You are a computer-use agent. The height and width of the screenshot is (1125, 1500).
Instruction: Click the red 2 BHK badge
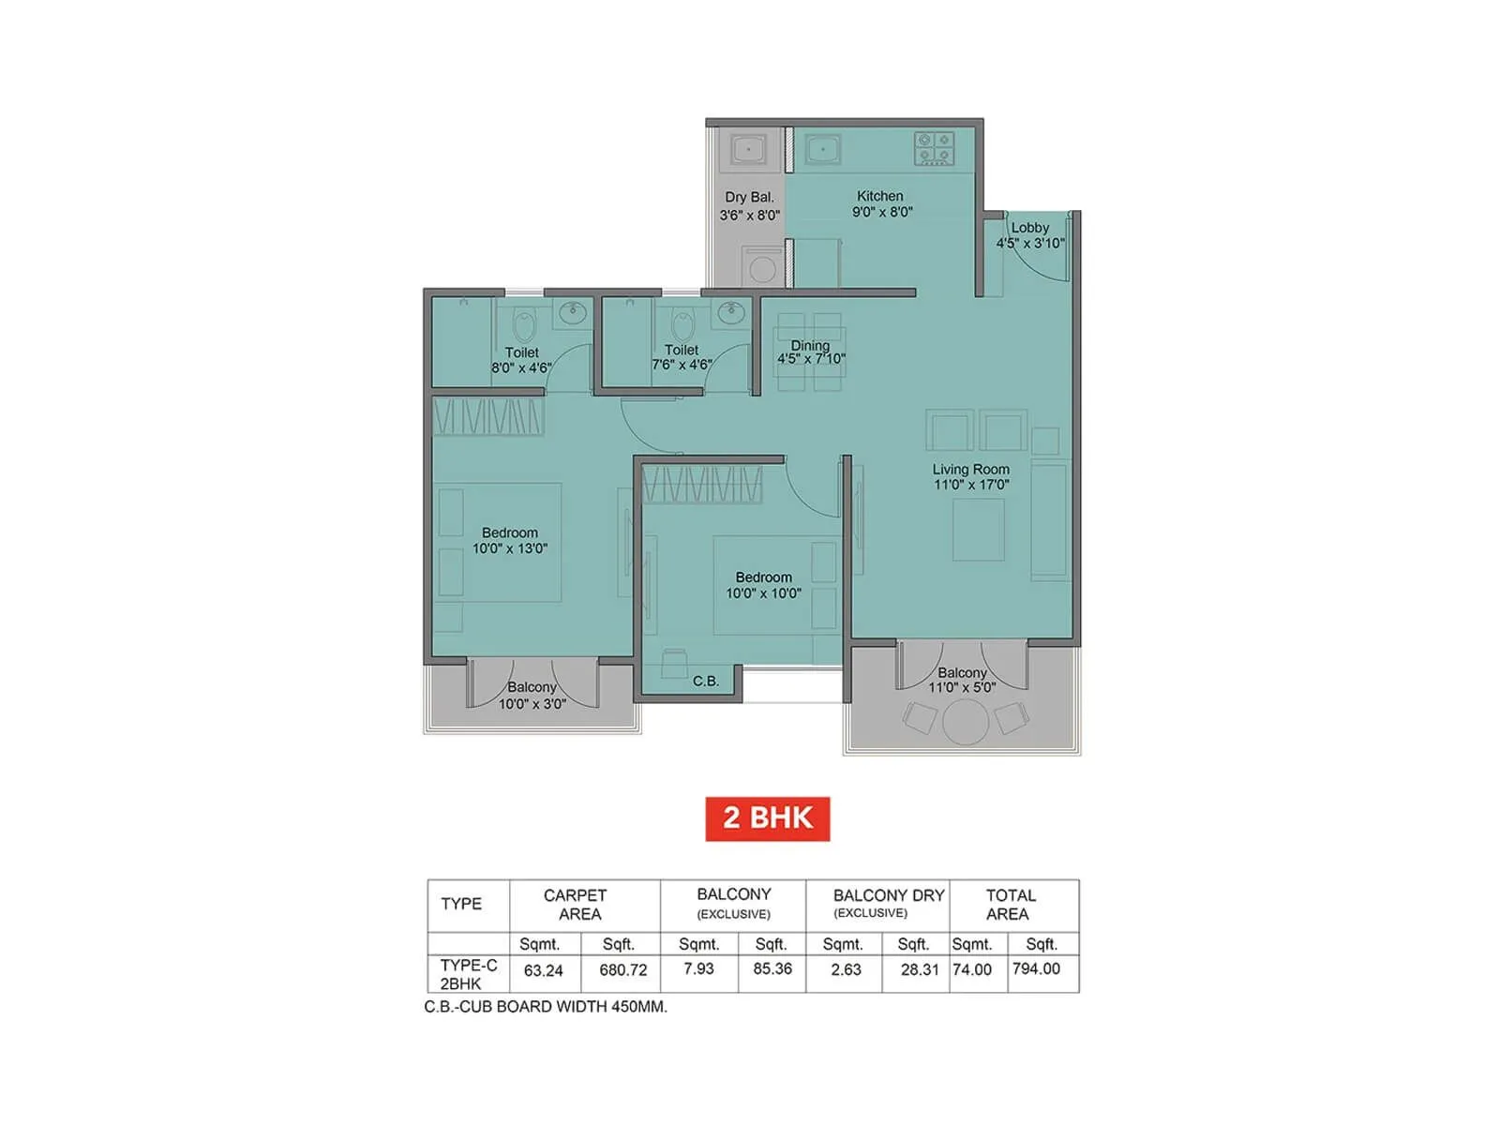(767, 817)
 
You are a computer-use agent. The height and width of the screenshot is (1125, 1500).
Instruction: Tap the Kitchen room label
(879, 196)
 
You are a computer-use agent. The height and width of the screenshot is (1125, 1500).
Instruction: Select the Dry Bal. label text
(749, 197)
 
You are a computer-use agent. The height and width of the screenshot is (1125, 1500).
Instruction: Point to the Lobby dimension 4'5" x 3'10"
(1029, 243)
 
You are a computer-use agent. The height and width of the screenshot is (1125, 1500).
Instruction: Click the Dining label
(810, 345)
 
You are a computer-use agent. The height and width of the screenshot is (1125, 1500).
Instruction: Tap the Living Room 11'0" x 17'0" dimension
(971, 485)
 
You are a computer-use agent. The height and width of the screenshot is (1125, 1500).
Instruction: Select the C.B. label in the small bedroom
(706, 681)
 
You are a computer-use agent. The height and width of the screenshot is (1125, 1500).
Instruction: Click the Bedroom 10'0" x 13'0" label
(510, 540)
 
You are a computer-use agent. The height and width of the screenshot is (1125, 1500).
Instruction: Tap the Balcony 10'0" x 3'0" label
(532, 696)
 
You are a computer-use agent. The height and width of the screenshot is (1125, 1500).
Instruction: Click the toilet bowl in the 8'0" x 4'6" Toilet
(524, 326)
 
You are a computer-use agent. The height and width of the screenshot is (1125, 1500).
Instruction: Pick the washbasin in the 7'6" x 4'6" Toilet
(730, 313)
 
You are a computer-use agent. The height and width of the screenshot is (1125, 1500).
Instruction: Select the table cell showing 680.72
(622, 969)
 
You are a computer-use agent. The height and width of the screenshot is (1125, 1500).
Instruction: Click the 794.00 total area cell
(1036, 969)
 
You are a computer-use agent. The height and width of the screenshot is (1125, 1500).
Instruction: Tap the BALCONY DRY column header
(888, 895)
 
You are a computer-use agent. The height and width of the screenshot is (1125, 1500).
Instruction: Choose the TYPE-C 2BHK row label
(468, 974)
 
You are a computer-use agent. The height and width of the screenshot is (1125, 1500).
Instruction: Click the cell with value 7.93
(698, 969)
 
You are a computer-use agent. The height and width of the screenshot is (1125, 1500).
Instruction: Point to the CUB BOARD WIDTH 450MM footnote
(546, 1007)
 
